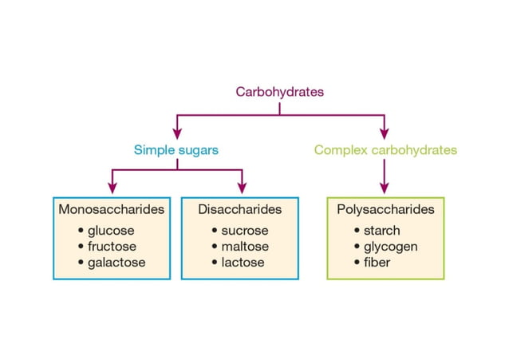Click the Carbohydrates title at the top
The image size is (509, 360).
point(279,92)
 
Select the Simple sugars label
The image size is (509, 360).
point(176,149)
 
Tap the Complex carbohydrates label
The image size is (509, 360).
point(385,149)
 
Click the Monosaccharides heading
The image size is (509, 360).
point(112,210)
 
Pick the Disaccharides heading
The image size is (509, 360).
point(240,210)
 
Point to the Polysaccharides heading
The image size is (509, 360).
point(385,210)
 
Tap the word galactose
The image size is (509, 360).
point(116,262)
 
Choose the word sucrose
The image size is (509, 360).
point(245,231)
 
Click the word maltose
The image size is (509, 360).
point(245,247)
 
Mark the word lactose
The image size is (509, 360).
point(243,262)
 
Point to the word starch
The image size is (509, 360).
point(381,231)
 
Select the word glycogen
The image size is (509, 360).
point(390,247)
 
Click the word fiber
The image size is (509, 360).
point(377,262)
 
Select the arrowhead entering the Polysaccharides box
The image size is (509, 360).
point(385,188)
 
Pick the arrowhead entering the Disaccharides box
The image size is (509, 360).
point(241,188)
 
